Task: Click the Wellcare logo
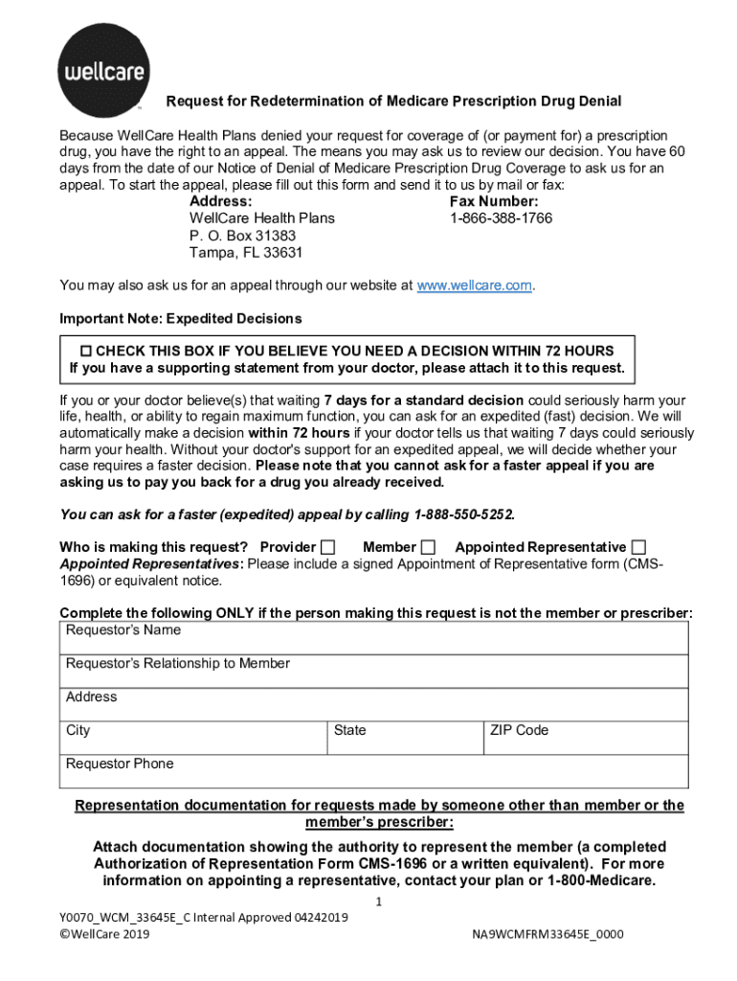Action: [x=102, y=72]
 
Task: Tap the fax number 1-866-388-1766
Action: [x=501, y=218]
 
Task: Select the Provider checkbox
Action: [x=328, y=547]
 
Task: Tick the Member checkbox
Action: [x=429, y=547]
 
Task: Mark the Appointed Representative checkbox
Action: [x=638, y=547]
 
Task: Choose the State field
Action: [x=404, y=738]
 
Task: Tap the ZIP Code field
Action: [x=585, y=738]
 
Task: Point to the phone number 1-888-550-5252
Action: [x=464, y=514]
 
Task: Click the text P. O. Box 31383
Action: [x=242, y=236]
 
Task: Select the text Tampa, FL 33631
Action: [x=246, y=253]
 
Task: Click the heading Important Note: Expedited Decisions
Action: [x=181, y=318]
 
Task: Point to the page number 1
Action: [x=379, y=902]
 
